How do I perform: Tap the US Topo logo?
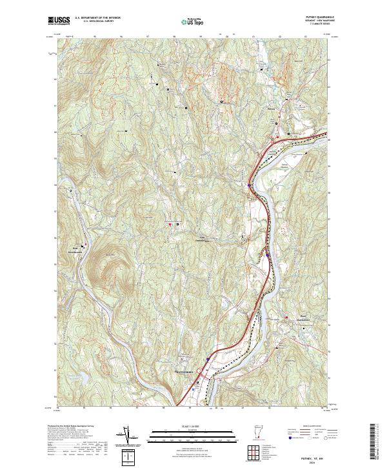coord(193,22)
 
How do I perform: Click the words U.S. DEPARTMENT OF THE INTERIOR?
coord(97,19)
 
